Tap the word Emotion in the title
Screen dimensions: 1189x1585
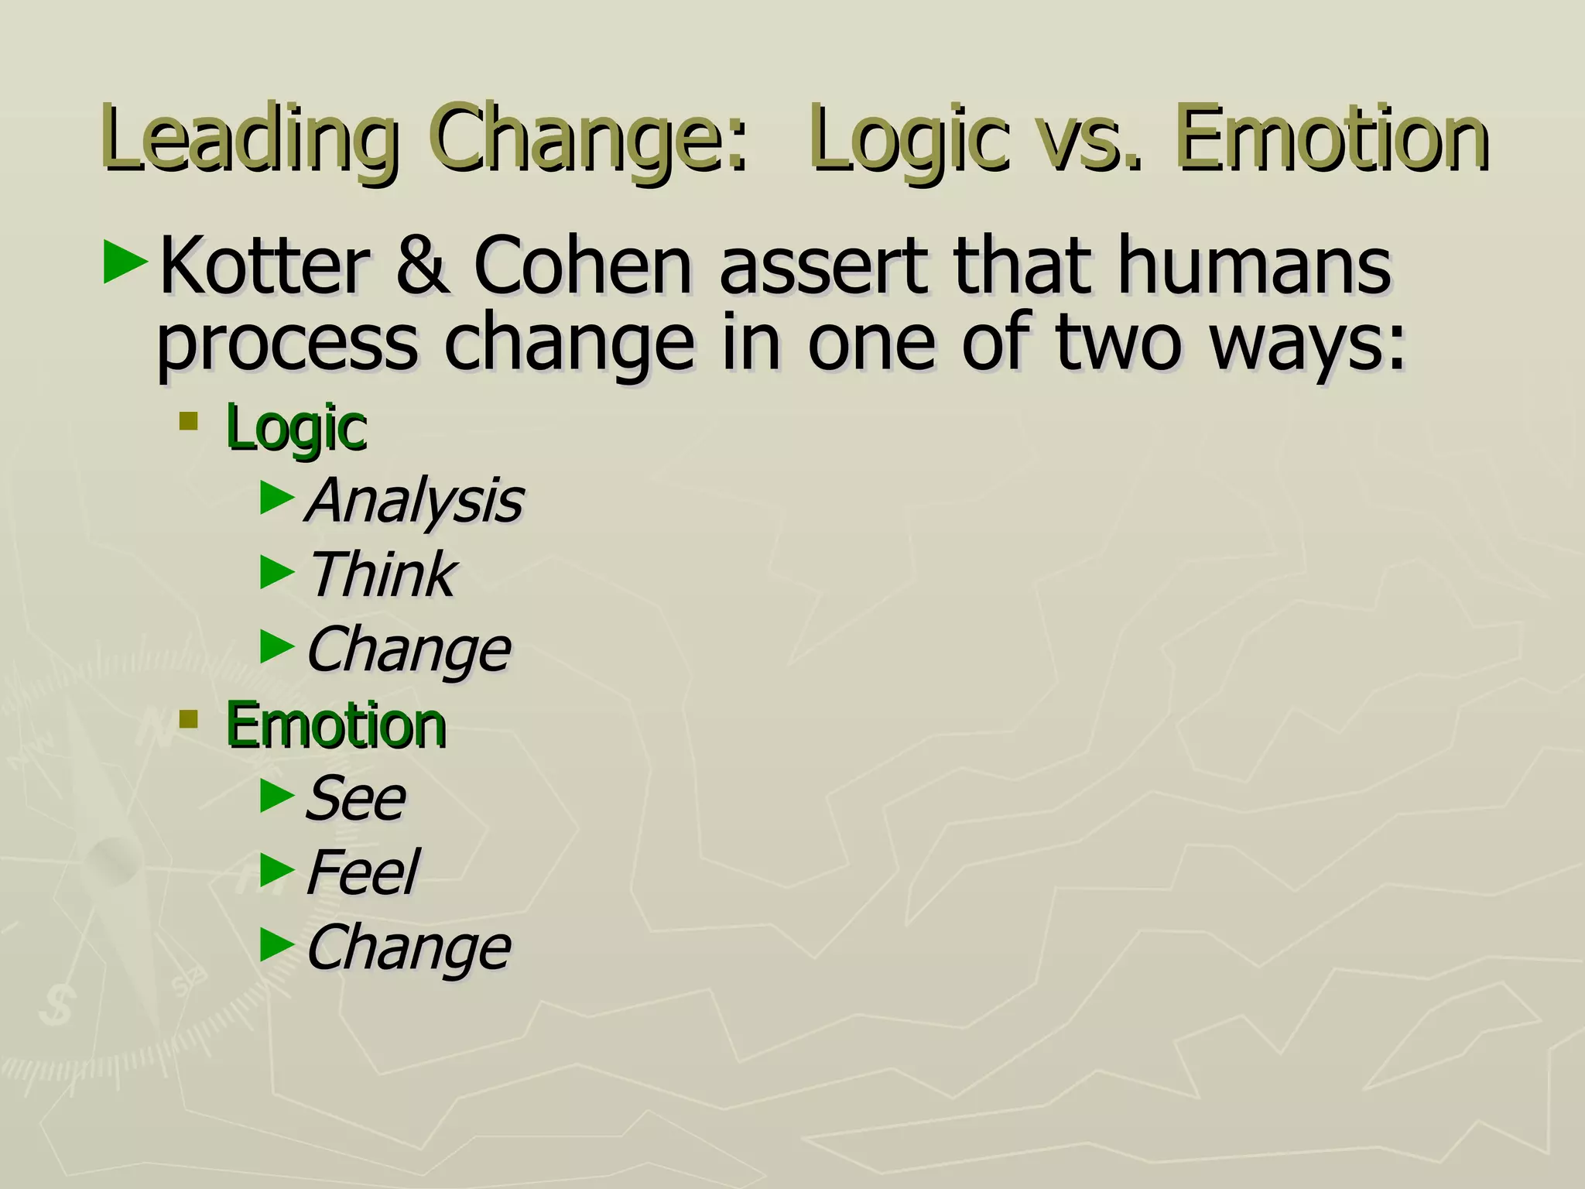click(x=1330, y=139)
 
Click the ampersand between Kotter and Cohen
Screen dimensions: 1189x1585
click(x=423, y=267)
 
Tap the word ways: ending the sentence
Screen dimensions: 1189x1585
click(x=1307, y=344)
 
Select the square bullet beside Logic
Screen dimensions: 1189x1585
click(x=188, y=422)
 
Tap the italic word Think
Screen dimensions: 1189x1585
click(x=381, y=575)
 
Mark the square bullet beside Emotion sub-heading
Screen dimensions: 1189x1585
click(x=188, y=720)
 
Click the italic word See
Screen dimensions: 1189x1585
click(x=355, y=797)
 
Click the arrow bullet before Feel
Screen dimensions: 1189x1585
click(x=277, y=869)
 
